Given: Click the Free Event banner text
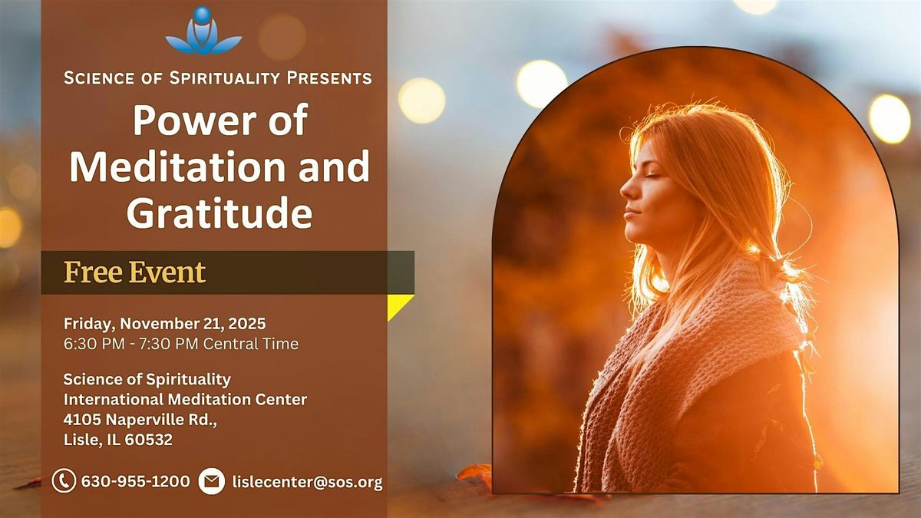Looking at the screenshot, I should point(135,272).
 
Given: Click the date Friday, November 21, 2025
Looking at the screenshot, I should point(165,323).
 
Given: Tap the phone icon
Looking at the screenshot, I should point(64,481).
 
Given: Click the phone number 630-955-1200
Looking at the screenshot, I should point(135,482).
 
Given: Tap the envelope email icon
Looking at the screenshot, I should point(211,482).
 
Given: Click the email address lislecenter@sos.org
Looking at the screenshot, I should point(306,482).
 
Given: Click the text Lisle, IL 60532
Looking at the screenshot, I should point(118,440).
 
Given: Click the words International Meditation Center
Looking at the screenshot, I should point(185,400).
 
